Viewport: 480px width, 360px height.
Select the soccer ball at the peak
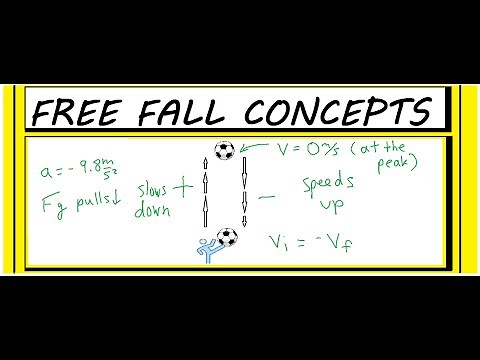click(224, 151)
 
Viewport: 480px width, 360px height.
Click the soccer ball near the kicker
click(228, 239)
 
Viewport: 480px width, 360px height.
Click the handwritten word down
click(146, 209)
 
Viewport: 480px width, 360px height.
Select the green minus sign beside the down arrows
click(267, 198)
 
